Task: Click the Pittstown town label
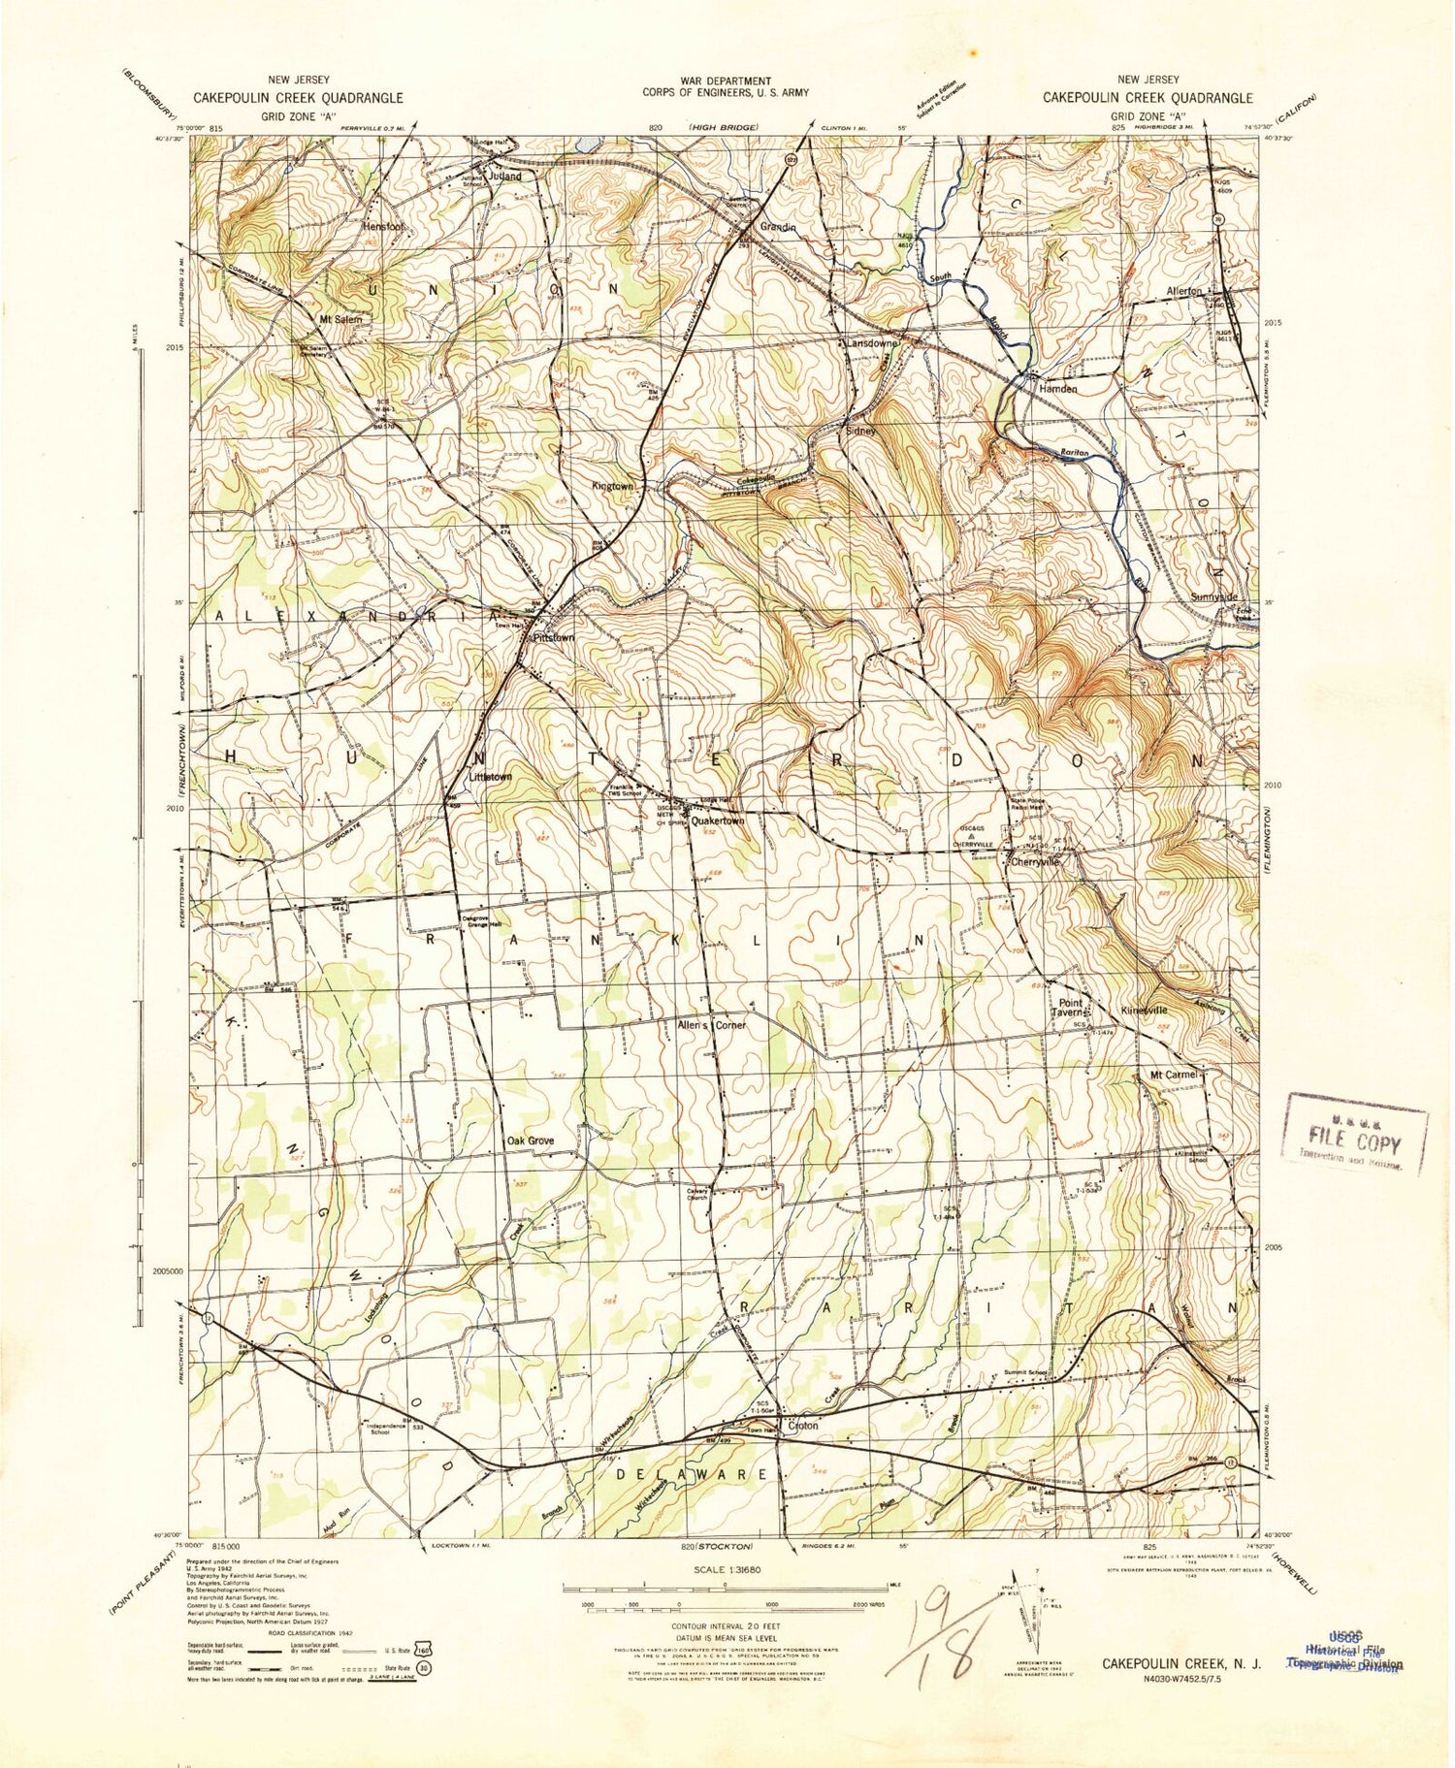coord(554,638)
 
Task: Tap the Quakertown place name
coord(718,820)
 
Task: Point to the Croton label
coord(803,1426)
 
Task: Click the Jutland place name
coord(505,177)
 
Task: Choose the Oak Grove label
coord(530,1141)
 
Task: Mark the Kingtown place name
coord(612,486)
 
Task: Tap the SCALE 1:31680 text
coord(725,1568)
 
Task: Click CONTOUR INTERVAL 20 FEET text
coord(726,1625)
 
